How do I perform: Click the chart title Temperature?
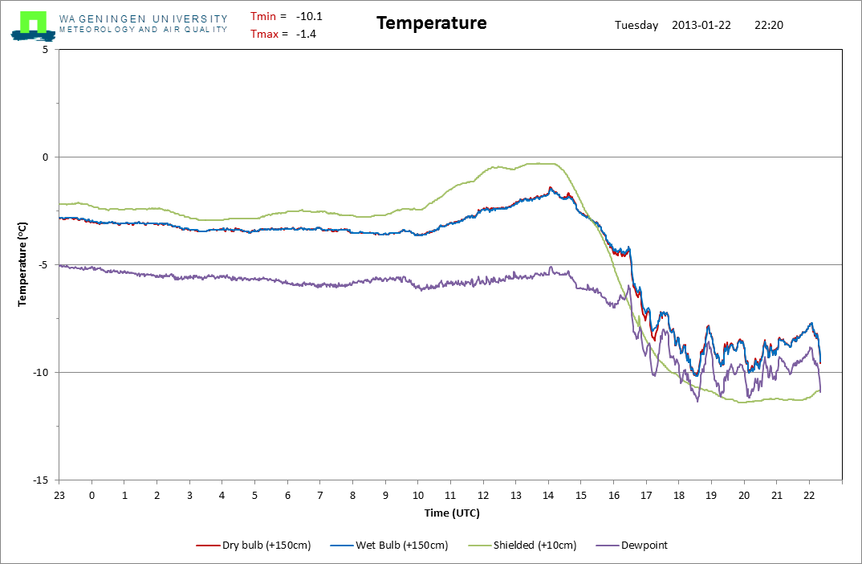tap(431, 23)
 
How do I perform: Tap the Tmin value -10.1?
tap(309, 16)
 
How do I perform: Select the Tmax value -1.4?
tap(306, 34)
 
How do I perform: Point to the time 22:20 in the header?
tap(769, 25)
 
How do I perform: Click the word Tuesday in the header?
tap(636, 25)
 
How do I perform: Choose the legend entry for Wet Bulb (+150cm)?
tap(390, 545)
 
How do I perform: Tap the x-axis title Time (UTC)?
tap(452, 513)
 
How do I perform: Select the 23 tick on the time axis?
tap(59, 495)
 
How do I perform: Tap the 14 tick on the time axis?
tap(548, 495)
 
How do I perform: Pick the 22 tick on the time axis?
tap(809, 495)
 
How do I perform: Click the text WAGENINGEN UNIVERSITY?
tap(143, 18)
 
